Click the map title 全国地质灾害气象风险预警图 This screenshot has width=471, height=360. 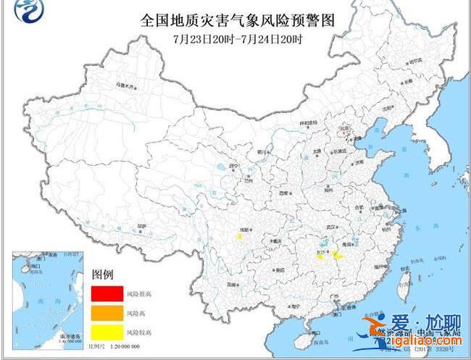coord(235,20)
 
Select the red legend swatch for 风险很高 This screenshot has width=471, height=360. coord(106,293)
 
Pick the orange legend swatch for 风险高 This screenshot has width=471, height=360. coord(106,313)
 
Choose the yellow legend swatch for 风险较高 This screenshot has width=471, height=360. coord(106,332)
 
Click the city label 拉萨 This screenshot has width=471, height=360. coord(141,227)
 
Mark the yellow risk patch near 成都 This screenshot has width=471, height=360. coord(239,235)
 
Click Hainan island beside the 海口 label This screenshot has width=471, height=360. coord(314,338)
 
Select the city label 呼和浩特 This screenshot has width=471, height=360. coord(309,124)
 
